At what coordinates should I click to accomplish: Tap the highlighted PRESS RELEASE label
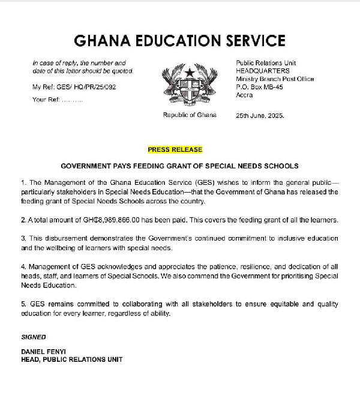pyautogui.click(x=175, y=149)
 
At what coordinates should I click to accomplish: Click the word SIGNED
pyautogui.click(x=34, y=337)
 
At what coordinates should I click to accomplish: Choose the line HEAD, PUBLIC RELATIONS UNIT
pyautogui.click(x=71, y=359)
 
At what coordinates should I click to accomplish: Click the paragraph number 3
pyautogui.click(x=23, y=238)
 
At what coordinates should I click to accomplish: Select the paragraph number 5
pyautogui.click(x=23, y=304)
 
